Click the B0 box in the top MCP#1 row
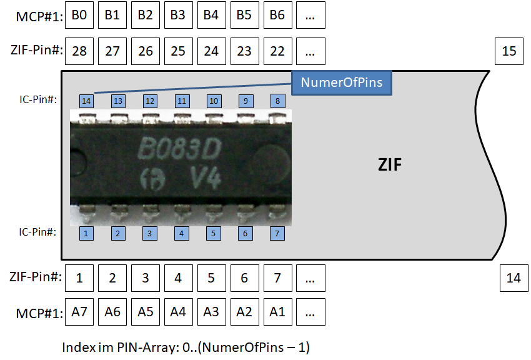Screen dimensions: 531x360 coord(79,15)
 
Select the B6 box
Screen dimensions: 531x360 coord(277,15)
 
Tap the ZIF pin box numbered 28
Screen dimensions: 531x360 coord(79,51)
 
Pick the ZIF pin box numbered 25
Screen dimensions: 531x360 coord(179,51)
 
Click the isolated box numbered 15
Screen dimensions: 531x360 coord(509,51)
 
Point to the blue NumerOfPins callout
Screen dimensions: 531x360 coord(342,82)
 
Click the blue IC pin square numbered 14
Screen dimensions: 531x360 coord(86,101)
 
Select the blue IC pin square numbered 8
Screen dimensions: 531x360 coord(278,101)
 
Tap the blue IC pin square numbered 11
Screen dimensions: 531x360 coord(182,101)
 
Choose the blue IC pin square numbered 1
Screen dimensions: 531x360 coord(86,233)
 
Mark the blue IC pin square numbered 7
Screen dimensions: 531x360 coord(277,233)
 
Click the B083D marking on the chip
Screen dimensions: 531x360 coord(179,149)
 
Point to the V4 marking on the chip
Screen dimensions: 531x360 coord(206,177)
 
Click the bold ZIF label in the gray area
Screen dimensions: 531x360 coord(390,165)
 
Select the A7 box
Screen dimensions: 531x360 coord(79,312)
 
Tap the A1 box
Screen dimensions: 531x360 coord(277,312)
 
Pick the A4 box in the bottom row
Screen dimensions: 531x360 coord(179,312)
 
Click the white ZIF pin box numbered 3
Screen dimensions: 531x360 coord(146,278)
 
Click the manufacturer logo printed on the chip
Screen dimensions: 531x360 coord(152,179)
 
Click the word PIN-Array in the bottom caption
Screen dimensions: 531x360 coord(147,347)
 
